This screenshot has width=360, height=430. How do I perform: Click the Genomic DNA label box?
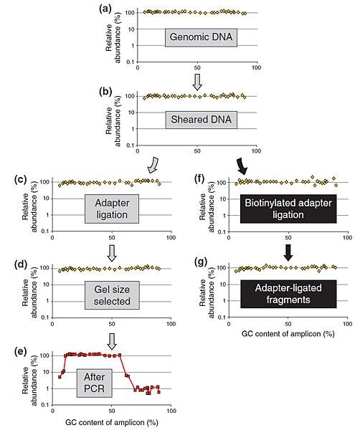pyautogui.click(x=201, y=37)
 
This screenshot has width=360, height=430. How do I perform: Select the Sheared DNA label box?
pyautogui.click(x=201, y=120)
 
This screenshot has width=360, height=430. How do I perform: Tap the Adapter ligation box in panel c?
pyautogui.click(x=112, y=209)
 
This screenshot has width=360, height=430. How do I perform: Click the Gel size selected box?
pyautogui.click(x=112, y=295)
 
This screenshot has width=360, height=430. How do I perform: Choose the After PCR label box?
pyautogui.click(x=94, y=383)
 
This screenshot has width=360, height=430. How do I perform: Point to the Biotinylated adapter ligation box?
pyautogui.click(x=288, y=209)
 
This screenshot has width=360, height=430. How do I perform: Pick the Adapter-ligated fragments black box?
pyautogui.click(x=288, y=294)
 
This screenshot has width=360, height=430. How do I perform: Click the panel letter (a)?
pyautogui.click(x=105, y=9)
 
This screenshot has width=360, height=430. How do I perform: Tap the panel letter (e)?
pyautogui.click(x=20, y=352)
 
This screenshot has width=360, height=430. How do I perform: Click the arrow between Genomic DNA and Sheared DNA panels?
pyautogui.click(x=197, y=82)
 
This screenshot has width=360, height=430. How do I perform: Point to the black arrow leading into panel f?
pyautogui.click(x=242, y=166)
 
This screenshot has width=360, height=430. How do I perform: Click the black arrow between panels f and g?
pyautogui.click(x=288, y=252)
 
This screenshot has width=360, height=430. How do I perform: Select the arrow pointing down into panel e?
pyautogui.click(x=112, y=341)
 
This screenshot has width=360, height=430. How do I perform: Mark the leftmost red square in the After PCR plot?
pyautogui.click(x=60, y=377)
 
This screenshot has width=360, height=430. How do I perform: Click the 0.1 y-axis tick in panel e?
pyautogui.click(x=45, y=405)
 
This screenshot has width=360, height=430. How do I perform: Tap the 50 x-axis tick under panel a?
pyautogui.click(x=197, y=68)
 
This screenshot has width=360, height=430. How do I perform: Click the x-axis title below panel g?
pyautogui.click(x=288, y=334)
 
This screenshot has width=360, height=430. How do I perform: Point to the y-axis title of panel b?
pyautogui.click(x=113, y=121)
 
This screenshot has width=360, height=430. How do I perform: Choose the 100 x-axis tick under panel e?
pyautogui.click(x=171, y=411)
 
